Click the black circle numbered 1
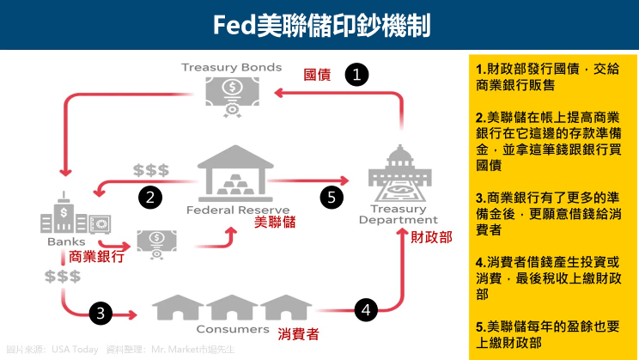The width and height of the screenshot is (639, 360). [x=356, y=74]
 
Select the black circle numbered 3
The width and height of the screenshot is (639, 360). [x=101, y=313]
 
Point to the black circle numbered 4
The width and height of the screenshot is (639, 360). [x=367, y=310]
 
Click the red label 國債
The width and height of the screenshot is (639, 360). [x=318, y=75]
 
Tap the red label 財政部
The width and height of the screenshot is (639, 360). [x=430, y=236]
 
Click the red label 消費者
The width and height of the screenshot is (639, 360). [x=299, y=333]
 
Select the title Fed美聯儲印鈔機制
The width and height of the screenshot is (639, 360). [x=319, y=25]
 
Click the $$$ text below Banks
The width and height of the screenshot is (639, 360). [x=63, y=276]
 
